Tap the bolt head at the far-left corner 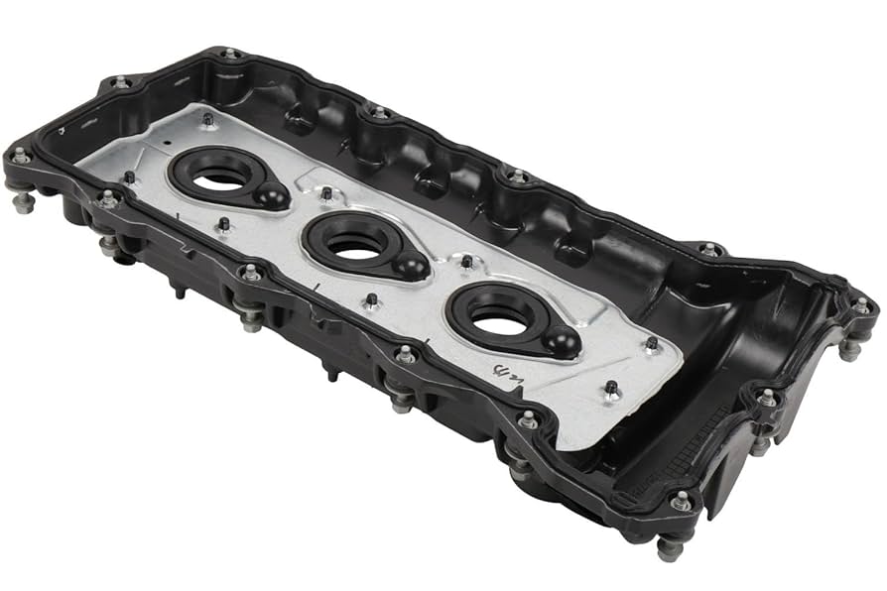pyautogui.click(x=20, y=156)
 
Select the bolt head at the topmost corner pyautogui.click(x=230, y=53)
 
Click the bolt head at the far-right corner pyautogui.click(x=860, y=304)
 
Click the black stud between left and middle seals pyautogui.click(x=326, y=191)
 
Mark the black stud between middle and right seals pyautogui.click(x=466, y=262)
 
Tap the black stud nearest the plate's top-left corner pyautogui.click(x=207, y=119)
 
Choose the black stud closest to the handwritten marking pyautogui.click(x=611, y=388)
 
